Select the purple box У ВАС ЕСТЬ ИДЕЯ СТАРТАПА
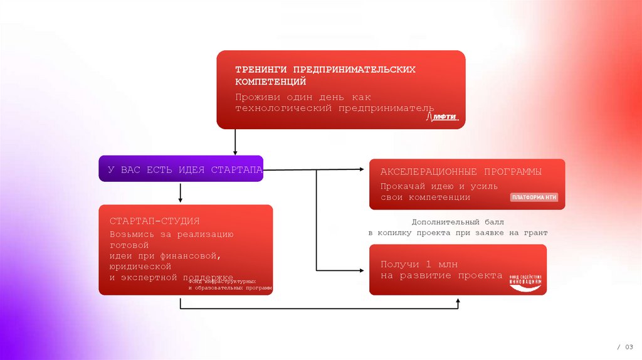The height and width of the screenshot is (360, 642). [x=181, y=169]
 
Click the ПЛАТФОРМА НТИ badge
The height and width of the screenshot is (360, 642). [x=534, y=198]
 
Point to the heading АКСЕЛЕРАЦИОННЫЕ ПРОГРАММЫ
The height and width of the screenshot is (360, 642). [x=461, y=172]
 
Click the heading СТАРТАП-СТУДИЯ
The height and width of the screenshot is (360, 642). [x=154, y=221]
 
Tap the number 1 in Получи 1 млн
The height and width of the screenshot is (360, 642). [x=429, y=263]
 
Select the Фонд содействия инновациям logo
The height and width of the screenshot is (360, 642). [x=527, y=283]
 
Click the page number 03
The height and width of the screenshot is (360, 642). [x=629, y=347]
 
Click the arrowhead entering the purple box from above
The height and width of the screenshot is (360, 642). [x=235, y=152]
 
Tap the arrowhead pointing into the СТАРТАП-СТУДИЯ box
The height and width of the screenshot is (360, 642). [x=181, y=200]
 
